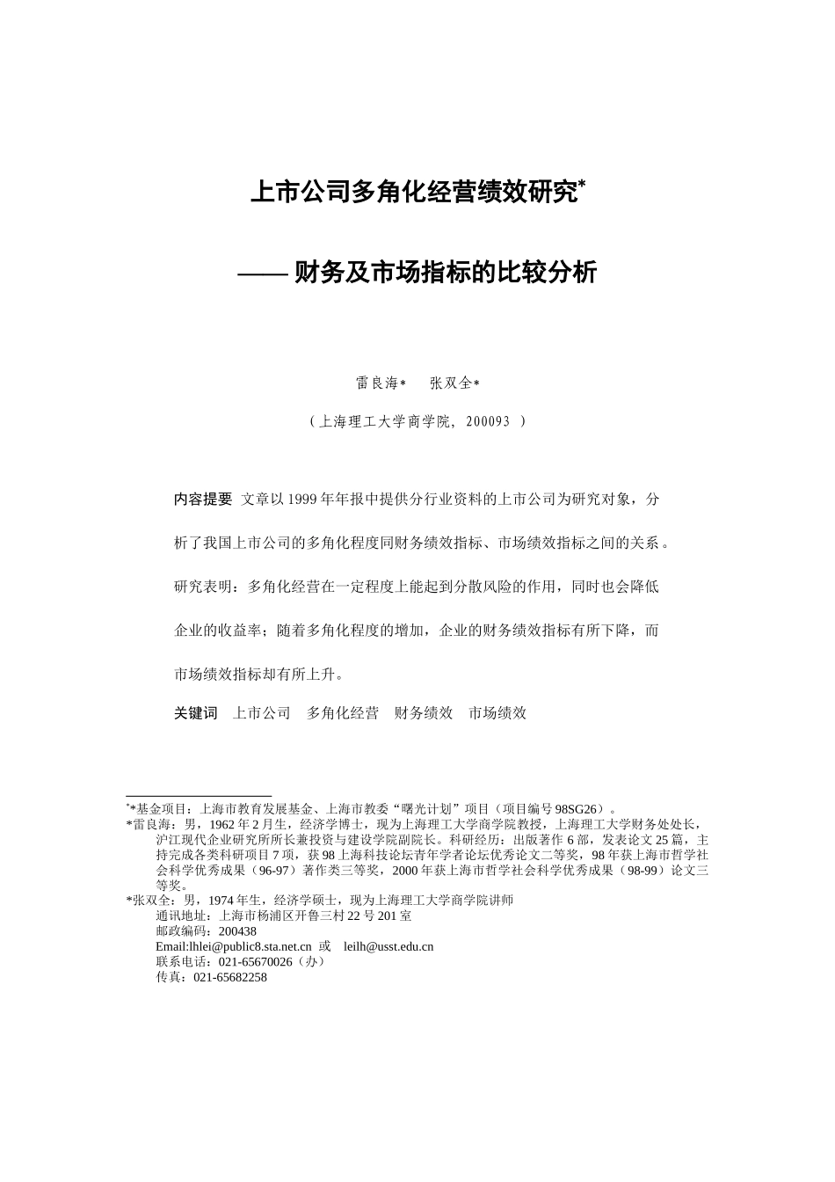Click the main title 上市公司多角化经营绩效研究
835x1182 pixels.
[414, 193]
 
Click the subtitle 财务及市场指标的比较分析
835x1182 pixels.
[445, 274]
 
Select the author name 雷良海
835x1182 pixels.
[376, 383]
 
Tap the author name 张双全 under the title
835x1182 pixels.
[451, 383]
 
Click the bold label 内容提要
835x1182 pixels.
[203, 500]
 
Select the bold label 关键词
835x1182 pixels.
[195, 713]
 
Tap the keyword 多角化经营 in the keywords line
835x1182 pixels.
[342, 713]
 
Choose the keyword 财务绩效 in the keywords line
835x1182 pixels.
[424, 713]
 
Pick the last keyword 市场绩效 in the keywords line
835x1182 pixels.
[497, 713]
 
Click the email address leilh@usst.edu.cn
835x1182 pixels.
[388, 947]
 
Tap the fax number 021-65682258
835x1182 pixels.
[230, 977]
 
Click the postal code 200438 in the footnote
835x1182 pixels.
[237, 931]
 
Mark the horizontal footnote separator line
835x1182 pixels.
[199, 796]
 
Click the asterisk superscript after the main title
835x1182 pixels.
[582, 184]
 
